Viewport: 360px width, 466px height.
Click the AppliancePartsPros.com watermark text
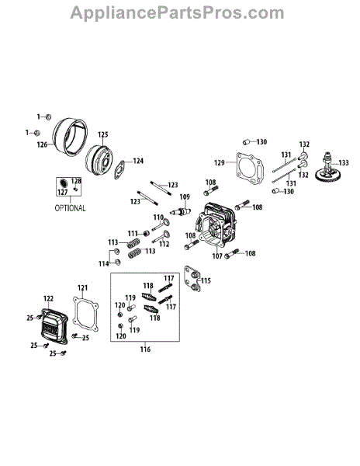(x=177, y=13)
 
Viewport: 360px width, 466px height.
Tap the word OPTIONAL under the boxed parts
(x=70, y=208)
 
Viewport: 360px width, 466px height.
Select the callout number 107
(x=217, y=256)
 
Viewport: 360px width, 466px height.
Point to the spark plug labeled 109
(x=181, y=211)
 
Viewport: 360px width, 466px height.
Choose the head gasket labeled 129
(x=250, y=169)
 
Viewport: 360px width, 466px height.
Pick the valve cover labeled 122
(x=54, y=325)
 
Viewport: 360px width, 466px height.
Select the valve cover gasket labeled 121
(x=85, y=313)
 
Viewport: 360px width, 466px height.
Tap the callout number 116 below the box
(x=145, y=349)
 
